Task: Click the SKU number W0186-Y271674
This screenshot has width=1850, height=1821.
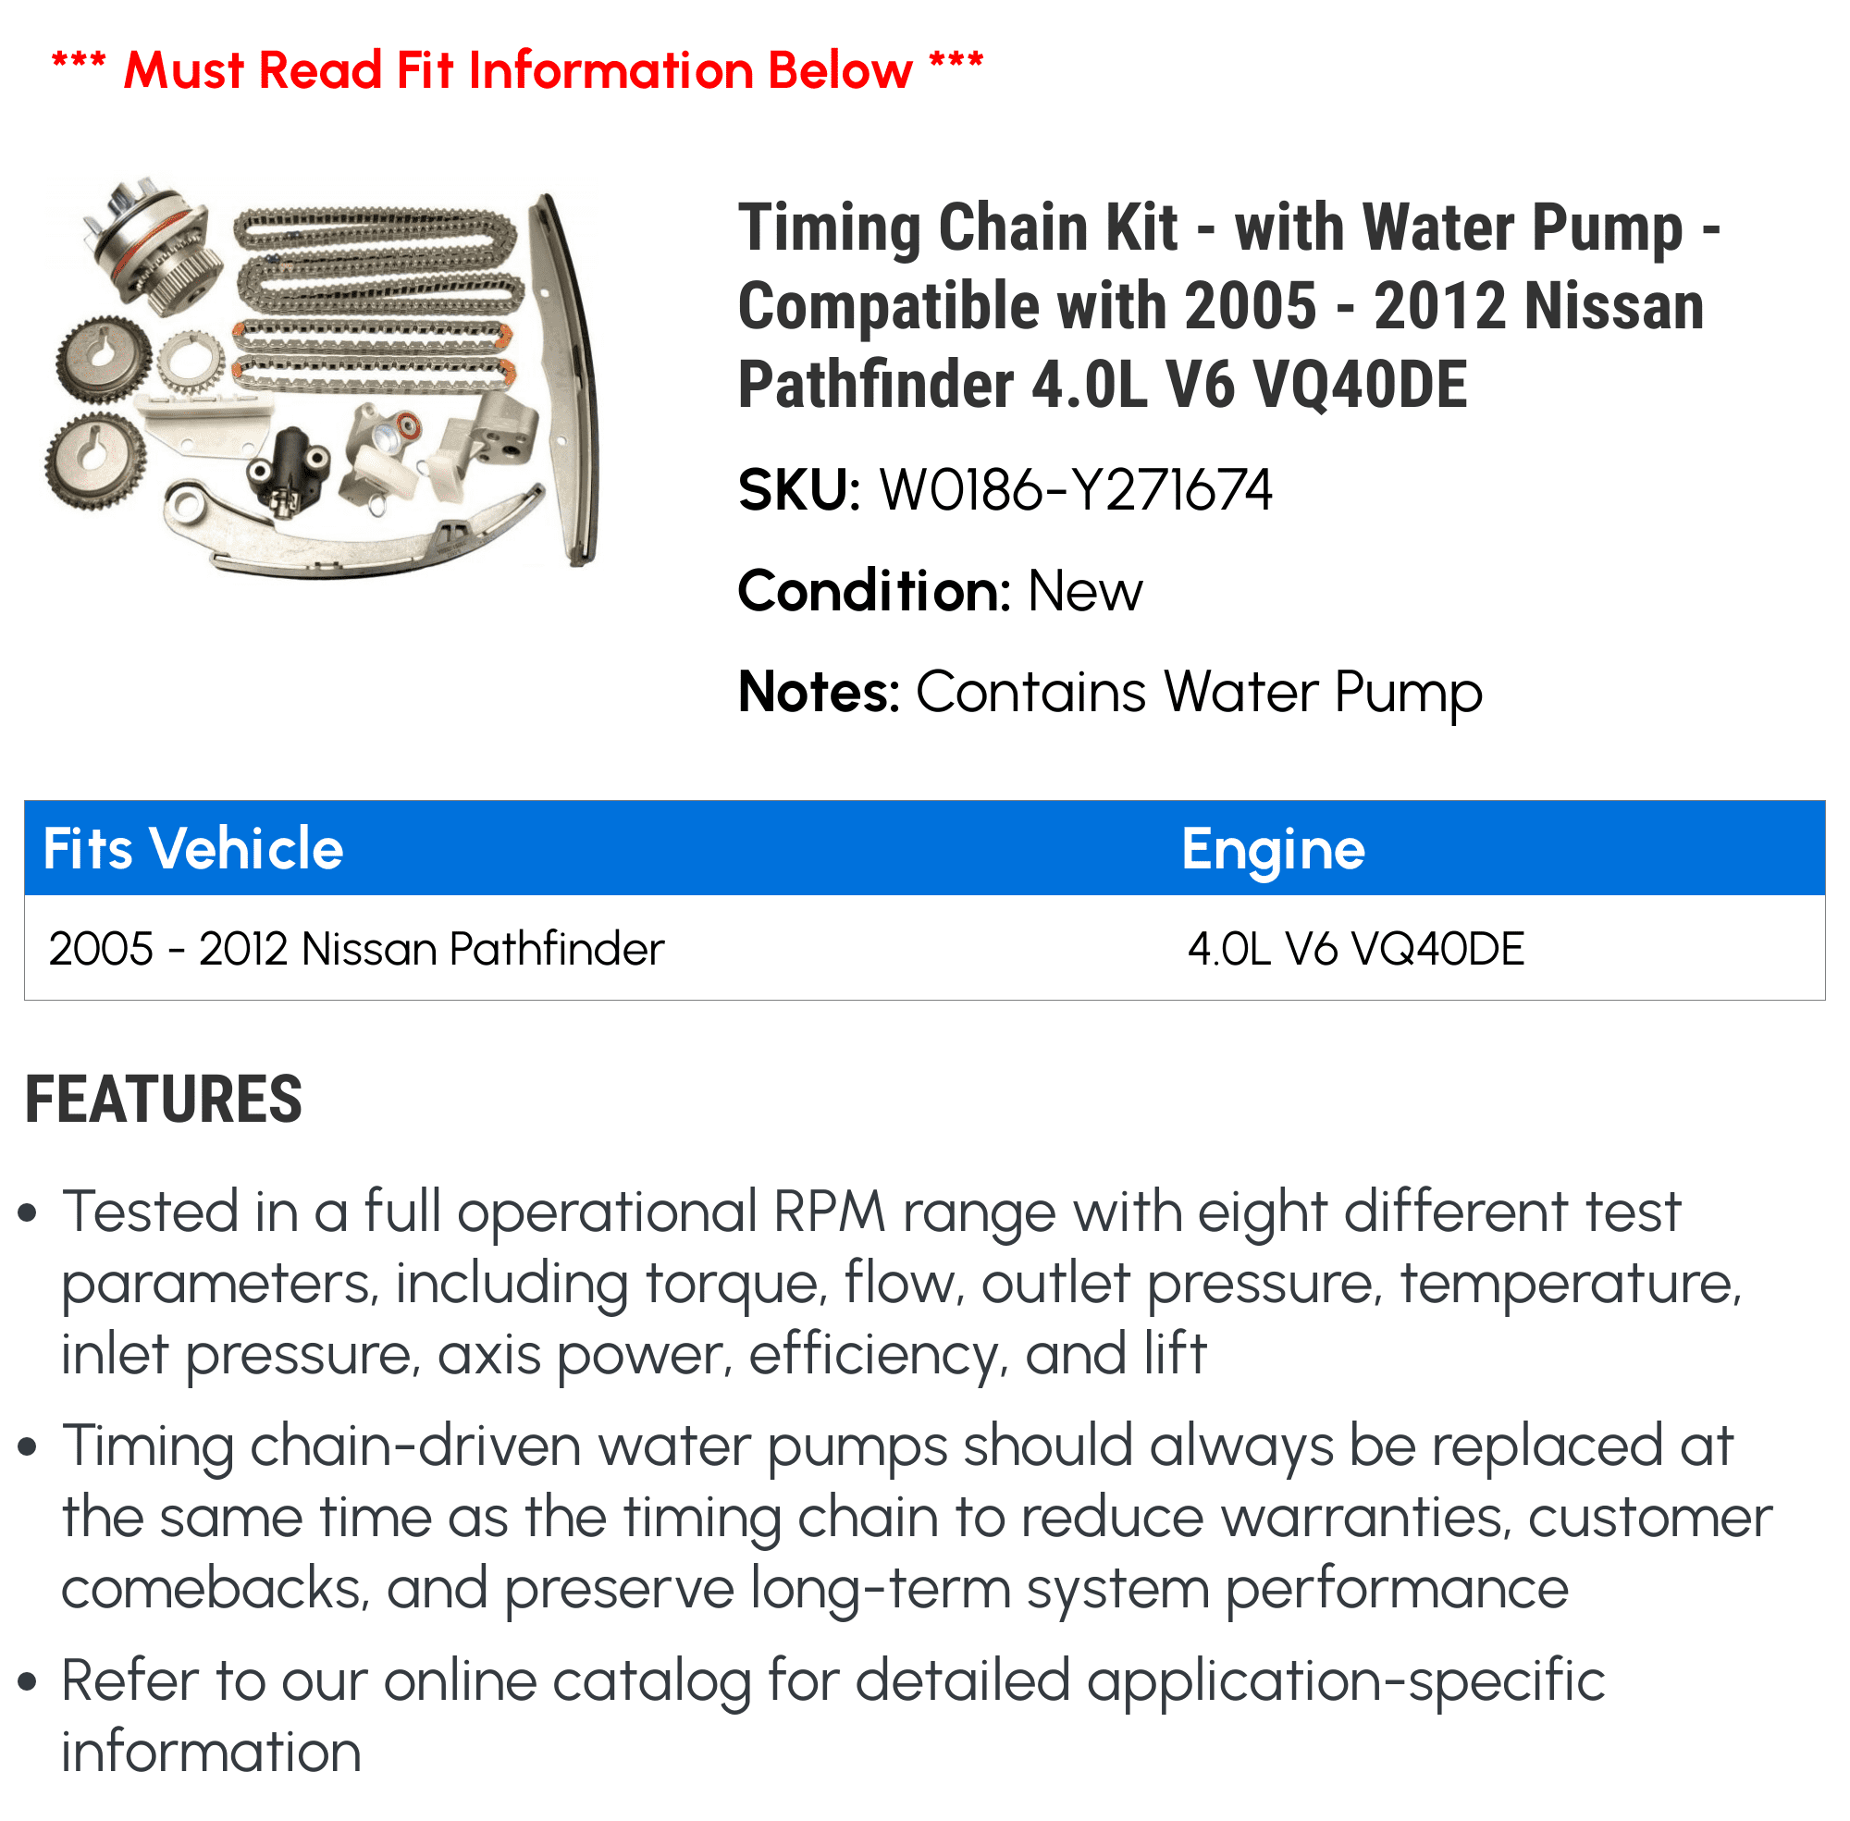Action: coord(1075,491)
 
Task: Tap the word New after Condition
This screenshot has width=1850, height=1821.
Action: coord(1084,591)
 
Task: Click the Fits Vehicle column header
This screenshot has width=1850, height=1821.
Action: coord(193,848)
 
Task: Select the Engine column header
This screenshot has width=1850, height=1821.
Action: coord(1272,848)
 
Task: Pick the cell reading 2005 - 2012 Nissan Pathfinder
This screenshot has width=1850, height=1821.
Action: coord(356,949)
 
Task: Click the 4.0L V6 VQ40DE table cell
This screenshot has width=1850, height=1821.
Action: coord(1355,949)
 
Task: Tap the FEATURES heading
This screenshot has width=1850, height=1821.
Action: coord(164,1100)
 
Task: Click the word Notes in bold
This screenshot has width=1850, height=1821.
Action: coord(818,692)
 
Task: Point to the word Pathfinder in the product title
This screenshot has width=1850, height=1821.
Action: coord(875,386)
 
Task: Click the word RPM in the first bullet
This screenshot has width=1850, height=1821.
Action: coord(831,1212)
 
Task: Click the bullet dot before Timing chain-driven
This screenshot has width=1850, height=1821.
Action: coord(28,1447)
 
